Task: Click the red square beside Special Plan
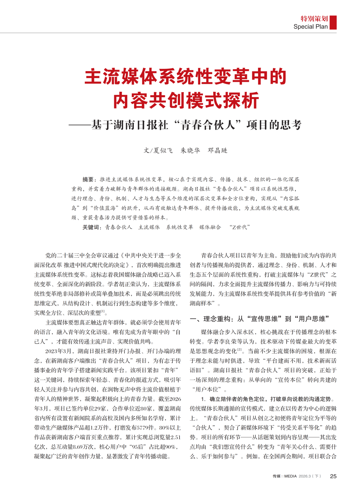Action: (333, 22)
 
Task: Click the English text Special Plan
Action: (311, 27)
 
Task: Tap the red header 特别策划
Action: (314, 18)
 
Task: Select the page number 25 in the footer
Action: (333, 476)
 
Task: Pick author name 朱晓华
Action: (190, 150)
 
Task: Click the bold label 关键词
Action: (92, 227)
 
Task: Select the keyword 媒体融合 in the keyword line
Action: (210, 227)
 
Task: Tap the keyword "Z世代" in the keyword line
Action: (240, 227)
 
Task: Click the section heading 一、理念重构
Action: (211, 319)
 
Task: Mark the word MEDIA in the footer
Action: (290, 476)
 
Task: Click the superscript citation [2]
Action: (240, 349)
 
